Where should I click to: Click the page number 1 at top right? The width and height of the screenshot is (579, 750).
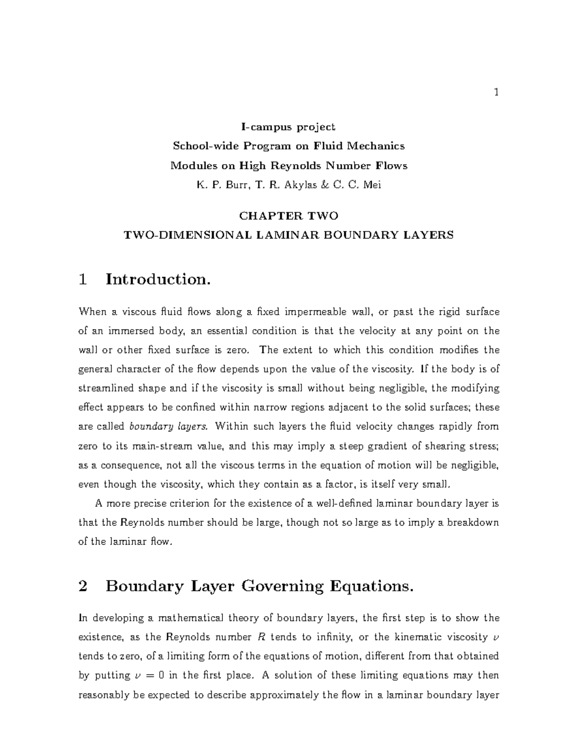pyautogui.click(x=496, y=93)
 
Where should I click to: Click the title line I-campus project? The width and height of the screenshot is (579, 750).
pyautogui.click(x=288, y=127)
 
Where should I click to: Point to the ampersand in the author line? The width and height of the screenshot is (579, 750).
pyautogui.click(x=334, y=185)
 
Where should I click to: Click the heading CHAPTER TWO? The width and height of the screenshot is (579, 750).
pyautogui.click(x=289, y=216)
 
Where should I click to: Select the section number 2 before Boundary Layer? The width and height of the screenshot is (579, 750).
pyautogui.click(x=83, y=586)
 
